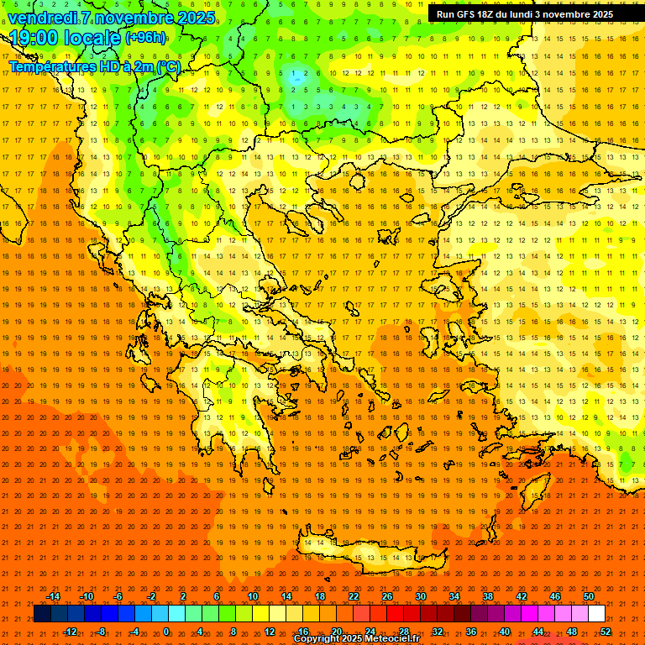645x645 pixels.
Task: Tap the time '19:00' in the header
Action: [x=32, y=38]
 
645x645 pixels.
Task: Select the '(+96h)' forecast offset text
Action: [x=145, y=38]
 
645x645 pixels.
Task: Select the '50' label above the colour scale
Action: [x=589, y=596]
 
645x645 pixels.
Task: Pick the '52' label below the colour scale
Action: [x=606, y=631]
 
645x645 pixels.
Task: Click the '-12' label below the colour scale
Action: [x=70, y=631]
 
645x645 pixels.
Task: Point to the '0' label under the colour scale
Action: [x=166, y=631]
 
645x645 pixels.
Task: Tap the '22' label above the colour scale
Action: [x=354, y=596]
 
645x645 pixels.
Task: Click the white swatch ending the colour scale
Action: [x=597, y=614]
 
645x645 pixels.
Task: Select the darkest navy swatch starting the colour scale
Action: [x=42, y=614]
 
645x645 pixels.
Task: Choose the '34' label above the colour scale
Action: [x=454, y=596]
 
